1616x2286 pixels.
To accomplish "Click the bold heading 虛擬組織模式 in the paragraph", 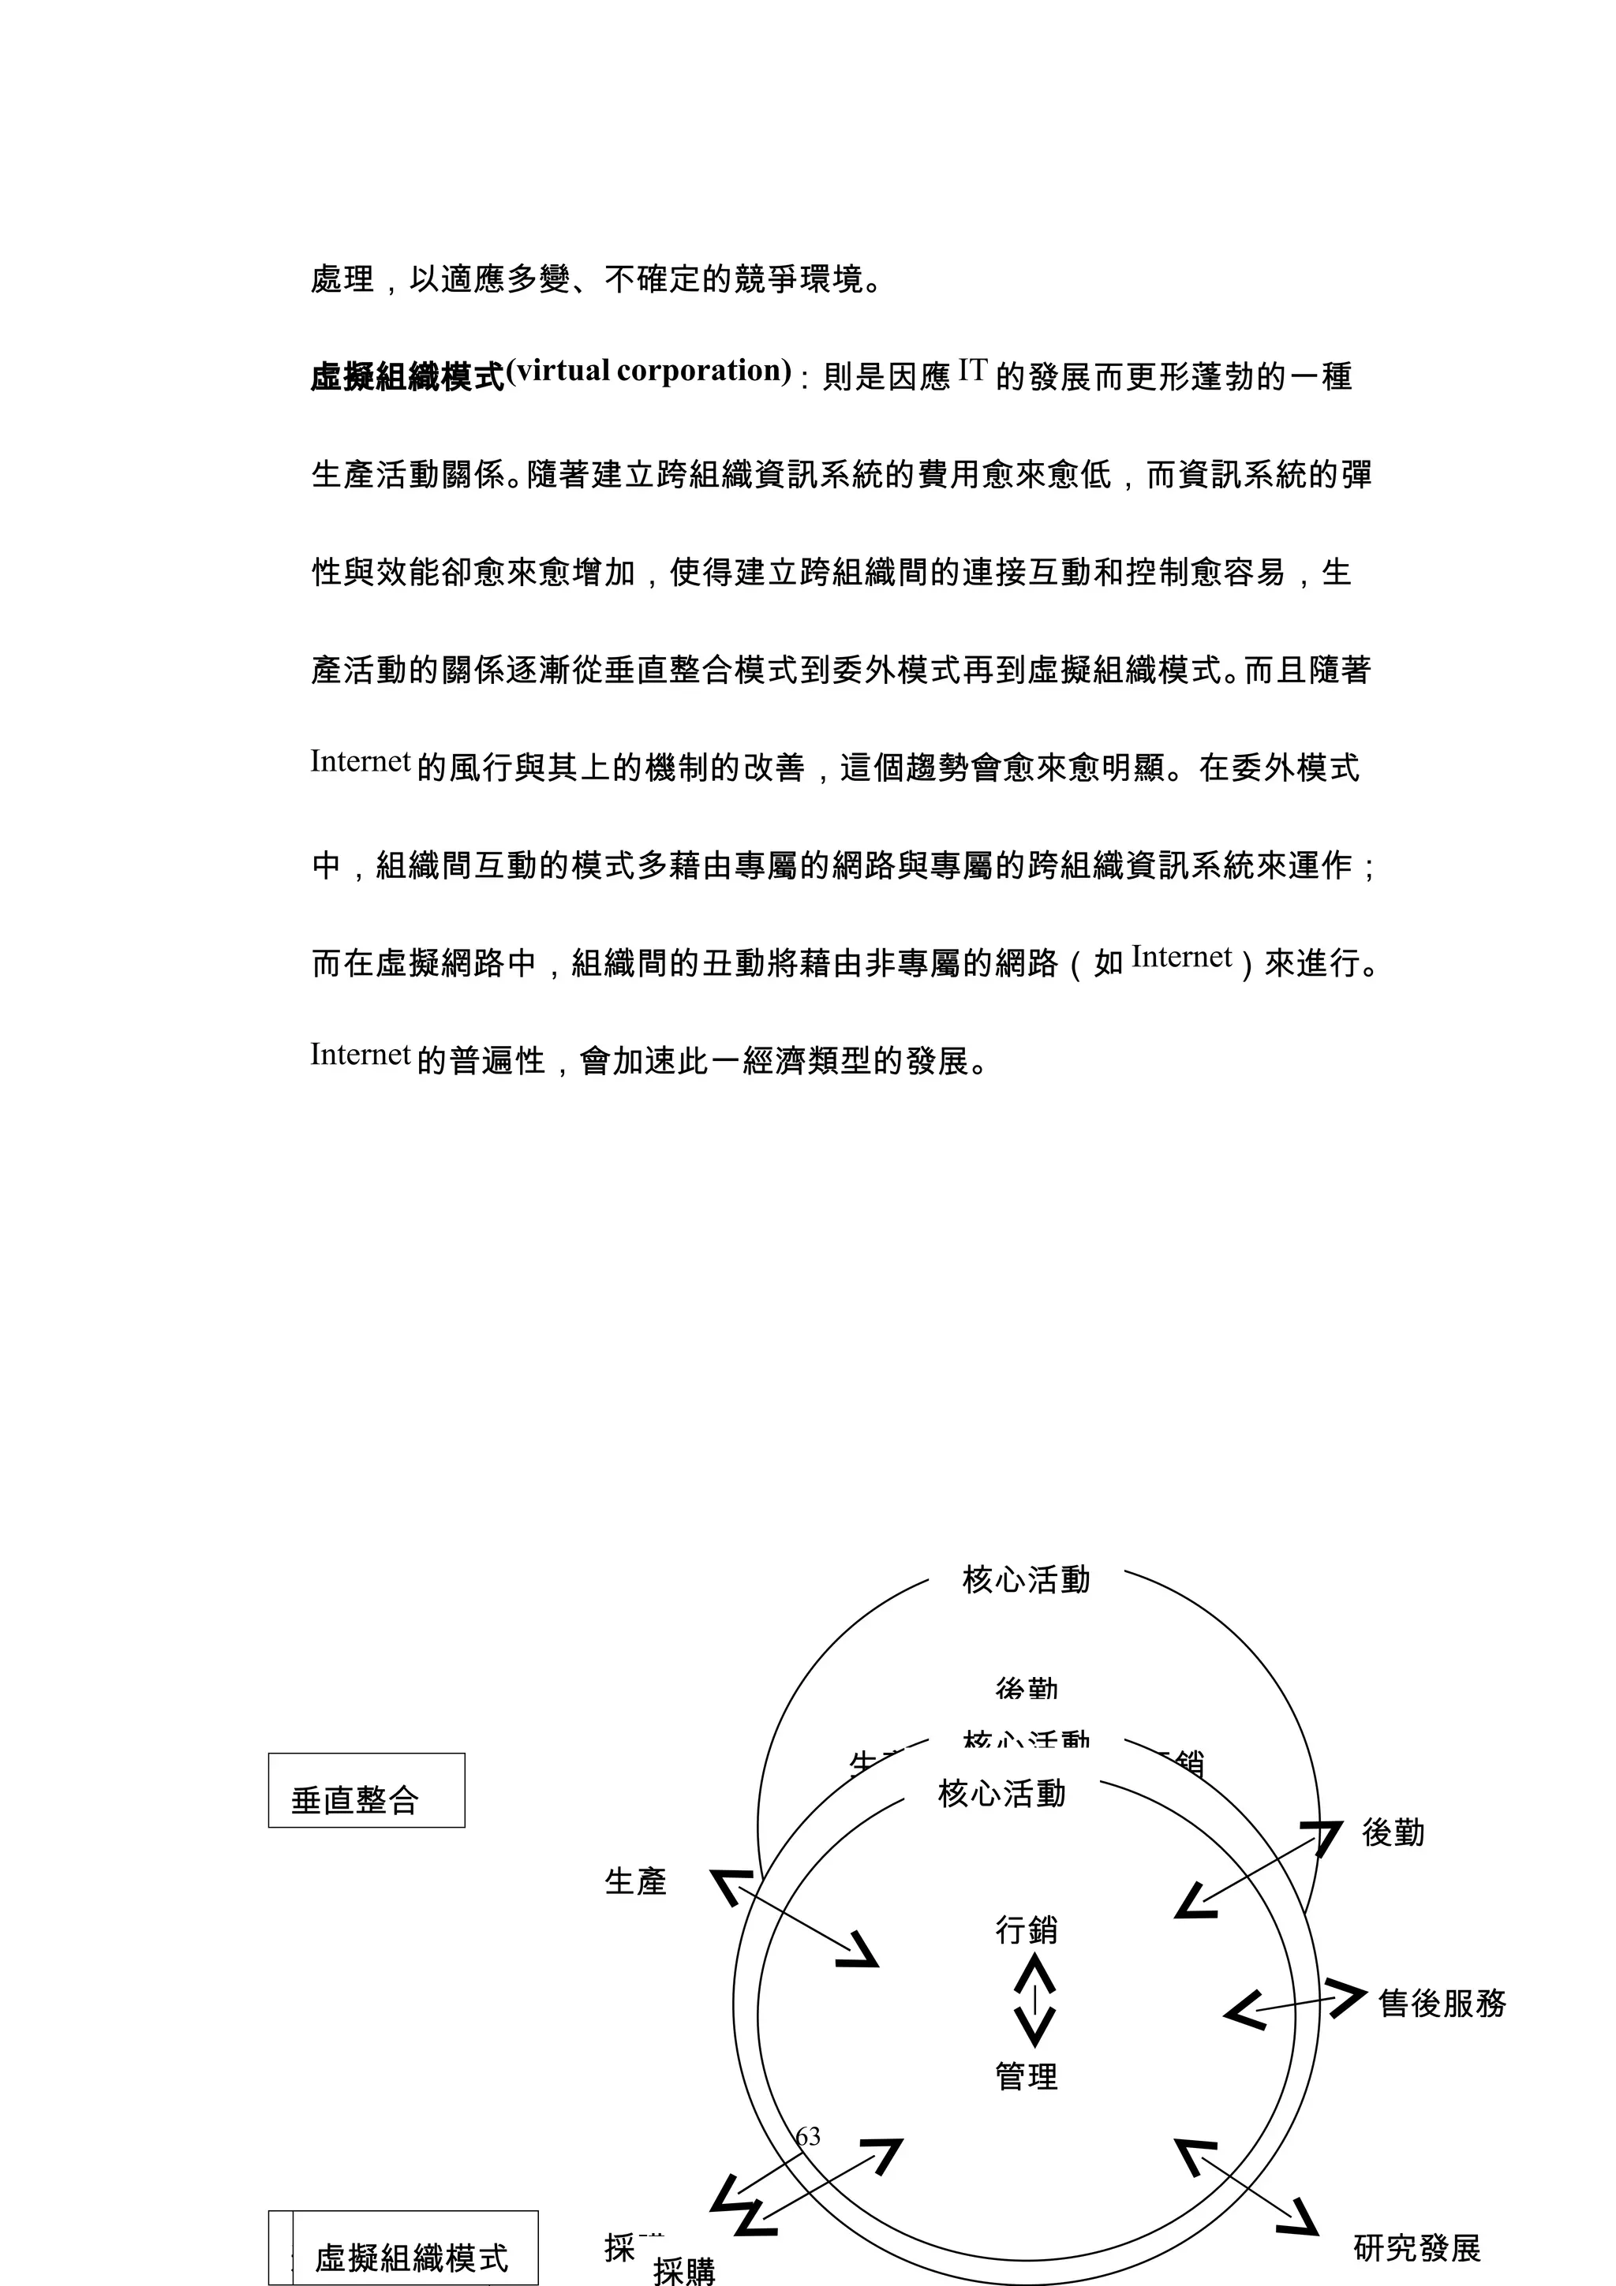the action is tap(408, 377).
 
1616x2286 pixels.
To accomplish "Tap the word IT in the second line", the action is tap(972, 371).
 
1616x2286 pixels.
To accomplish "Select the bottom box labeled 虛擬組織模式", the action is tap(411, 2256).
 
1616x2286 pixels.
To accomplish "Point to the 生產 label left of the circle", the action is tap(635, 1881).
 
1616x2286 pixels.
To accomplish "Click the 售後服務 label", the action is tap(1442, 2002).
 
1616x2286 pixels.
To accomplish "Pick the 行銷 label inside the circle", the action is tap(1027, 1929).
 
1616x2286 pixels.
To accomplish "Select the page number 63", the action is tap(807, 2135).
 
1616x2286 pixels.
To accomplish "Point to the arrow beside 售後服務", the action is tap(1294, 2004).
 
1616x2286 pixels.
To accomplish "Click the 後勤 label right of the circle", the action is tap(1393, 1832).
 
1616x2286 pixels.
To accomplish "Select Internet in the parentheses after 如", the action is tap(1182, 957).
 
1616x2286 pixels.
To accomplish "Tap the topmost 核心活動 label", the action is tap(1027, 1579).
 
